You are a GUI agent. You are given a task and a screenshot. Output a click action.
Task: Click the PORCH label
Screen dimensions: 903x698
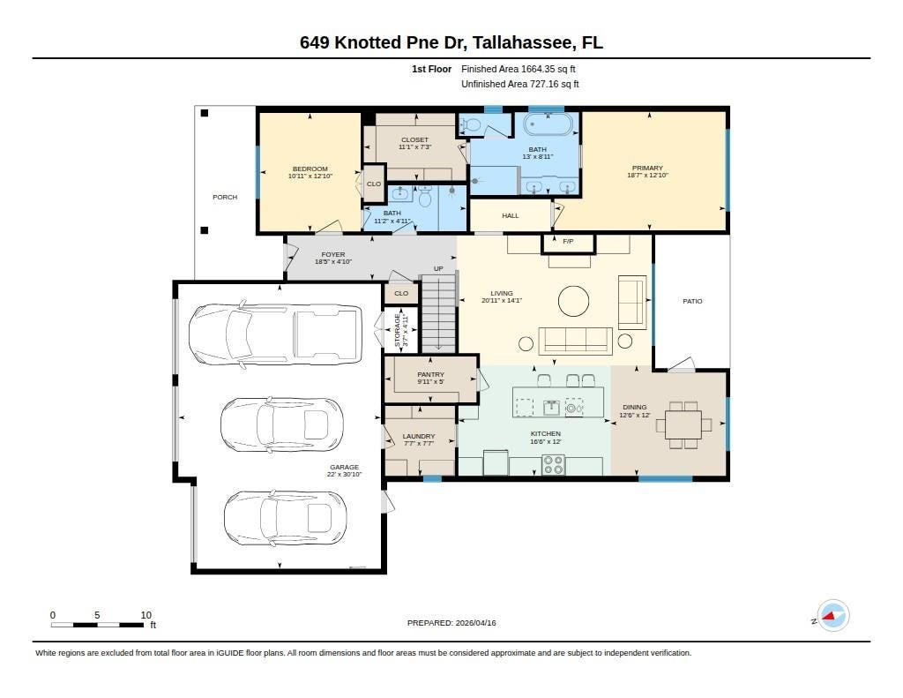pos(225,197)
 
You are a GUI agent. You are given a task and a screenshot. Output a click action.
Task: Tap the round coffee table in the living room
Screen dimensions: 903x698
pos(573,301)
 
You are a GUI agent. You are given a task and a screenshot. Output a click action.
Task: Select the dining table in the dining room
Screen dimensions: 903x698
pos(683,424)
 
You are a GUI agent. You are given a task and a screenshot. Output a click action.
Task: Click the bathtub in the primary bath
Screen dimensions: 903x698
pos(548,124)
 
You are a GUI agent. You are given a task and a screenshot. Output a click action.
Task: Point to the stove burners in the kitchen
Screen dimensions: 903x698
pos(554,464)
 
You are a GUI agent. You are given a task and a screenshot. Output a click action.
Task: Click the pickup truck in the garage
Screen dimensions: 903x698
pos(275,334)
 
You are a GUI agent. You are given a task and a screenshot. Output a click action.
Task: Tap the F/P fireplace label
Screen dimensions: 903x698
pos(568,242)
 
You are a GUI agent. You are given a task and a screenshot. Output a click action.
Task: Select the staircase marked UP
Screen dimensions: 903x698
pos(439,313)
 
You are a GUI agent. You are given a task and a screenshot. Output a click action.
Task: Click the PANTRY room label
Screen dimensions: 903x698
pos(430,375)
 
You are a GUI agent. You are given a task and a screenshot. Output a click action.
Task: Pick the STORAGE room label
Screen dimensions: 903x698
pos(398,330)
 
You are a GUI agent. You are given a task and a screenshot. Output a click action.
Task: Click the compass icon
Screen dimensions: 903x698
pos(832,616)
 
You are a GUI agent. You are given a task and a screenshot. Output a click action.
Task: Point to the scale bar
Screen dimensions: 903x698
pos(97,625)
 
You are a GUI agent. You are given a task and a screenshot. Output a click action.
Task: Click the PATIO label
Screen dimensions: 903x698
pos(692,302)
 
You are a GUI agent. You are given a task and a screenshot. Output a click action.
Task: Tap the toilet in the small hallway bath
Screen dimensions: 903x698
pos(425,198)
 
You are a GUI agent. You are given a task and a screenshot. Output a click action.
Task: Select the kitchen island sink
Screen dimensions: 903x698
pos(552,408)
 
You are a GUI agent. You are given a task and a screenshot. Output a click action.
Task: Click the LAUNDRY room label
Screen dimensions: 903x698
pos(419,437)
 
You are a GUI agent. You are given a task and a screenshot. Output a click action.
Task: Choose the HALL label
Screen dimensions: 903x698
pos(511,216)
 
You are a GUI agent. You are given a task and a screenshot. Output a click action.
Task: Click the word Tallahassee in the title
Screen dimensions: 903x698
pos(523,42)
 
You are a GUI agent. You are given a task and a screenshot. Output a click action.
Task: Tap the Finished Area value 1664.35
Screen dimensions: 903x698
pos(538,69)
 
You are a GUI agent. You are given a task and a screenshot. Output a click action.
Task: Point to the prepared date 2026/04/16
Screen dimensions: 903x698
pos(475,623)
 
